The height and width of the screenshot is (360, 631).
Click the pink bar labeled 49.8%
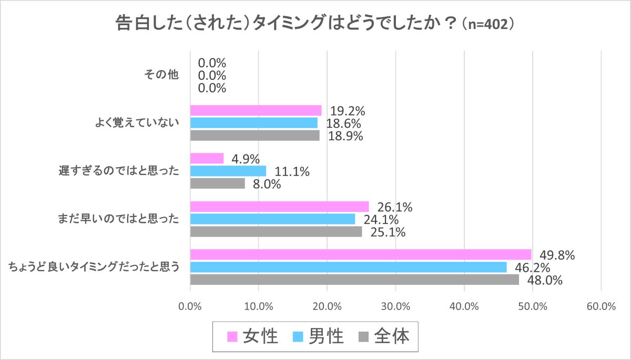coord(361,254)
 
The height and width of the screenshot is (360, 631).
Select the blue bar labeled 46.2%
coord(348,267)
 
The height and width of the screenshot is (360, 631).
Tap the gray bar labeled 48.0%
coord(354,280)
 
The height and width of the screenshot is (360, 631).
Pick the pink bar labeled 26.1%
coord(279,206)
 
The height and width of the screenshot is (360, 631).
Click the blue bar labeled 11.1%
coord(228,171)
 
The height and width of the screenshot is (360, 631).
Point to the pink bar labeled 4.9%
coord(207,158)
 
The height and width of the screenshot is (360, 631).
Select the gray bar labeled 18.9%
coord(255,136)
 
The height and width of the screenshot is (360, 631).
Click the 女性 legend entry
coord(253,336)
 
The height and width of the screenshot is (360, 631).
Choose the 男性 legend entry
coord(318,336)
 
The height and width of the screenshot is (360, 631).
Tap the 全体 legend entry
coord(383,336)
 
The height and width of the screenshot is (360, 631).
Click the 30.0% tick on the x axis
coord(395,307)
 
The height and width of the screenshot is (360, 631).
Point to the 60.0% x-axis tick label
coord(601,307)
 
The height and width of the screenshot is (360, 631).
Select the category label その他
coord(162,75)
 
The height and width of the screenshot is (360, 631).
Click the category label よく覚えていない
coord(137,123)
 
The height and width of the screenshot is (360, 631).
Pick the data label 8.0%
coord(266,184)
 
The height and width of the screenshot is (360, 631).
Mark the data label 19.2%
coord(348,111)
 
